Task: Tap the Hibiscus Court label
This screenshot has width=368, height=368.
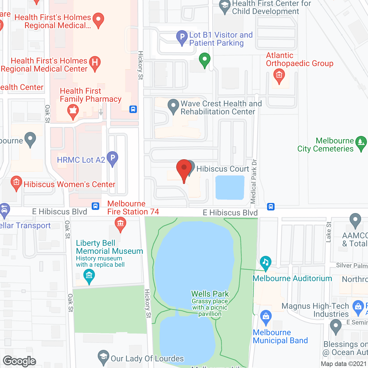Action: pyautogui.click(x=223, y=169)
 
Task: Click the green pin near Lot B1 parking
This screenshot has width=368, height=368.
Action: pyautogui.click(x=204, y=60)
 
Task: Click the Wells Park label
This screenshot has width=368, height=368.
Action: pyautogui.click(x=210, y=294)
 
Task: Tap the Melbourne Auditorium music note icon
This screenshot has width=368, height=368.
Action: pyautogui.click(x=265, y=262)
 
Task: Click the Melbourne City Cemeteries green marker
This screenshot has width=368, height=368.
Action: pyautogui.click(x=361, y=143)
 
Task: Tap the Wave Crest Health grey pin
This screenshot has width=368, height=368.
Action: pyautogui.click(x=173, y=106)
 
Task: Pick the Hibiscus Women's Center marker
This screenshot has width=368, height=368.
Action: pyautogui.click(x=16, y=183)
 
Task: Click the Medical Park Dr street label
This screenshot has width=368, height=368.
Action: pyautogui.click(x=253, y=181)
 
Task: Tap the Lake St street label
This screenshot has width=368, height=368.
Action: pyautogui.click(x=329, y=232)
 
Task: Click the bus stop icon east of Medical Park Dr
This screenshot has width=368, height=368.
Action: pyautogui.click(x=271, y=207)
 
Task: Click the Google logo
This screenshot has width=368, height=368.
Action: pyautogui.click(x=20, y=361)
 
